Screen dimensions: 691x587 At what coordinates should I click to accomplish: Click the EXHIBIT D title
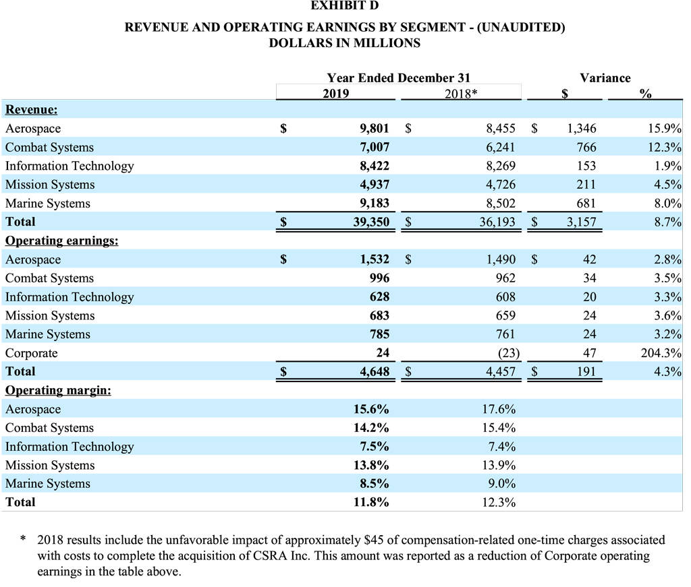(344, 5)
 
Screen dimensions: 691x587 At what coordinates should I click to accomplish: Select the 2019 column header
(335, 93)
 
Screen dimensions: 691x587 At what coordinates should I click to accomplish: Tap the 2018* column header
(460, 93)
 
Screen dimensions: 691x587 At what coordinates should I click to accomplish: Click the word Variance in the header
(605, 78)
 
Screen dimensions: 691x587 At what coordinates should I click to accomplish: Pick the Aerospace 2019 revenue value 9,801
(375, 128)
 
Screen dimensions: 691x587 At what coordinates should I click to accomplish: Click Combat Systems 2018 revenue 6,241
(501, 147)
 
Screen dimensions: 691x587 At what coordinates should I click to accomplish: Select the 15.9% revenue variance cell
(665, 128)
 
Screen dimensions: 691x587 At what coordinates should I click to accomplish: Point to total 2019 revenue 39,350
(371, 221)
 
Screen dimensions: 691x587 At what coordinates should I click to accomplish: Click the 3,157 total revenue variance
(581, 221)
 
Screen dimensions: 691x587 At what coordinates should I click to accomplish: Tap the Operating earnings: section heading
(61, 241)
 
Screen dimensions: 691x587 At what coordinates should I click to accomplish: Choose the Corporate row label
(31, 353)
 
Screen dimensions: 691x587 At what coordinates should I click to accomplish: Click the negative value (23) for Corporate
(509, 353)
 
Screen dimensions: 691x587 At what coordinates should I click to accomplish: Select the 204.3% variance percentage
(661, 353)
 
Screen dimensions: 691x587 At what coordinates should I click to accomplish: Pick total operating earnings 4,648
(375, 371)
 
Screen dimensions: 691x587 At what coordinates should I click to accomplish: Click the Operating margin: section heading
(58, 390)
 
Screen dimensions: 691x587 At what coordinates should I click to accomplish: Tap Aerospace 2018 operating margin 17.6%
(499, 409)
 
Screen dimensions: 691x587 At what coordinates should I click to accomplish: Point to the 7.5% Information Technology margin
(374, 446)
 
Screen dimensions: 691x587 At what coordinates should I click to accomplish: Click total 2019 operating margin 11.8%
(371, 502)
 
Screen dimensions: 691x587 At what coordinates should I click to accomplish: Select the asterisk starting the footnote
(24, 538)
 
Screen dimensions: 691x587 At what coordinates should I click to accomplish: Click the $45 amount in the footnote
(373, 540)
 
